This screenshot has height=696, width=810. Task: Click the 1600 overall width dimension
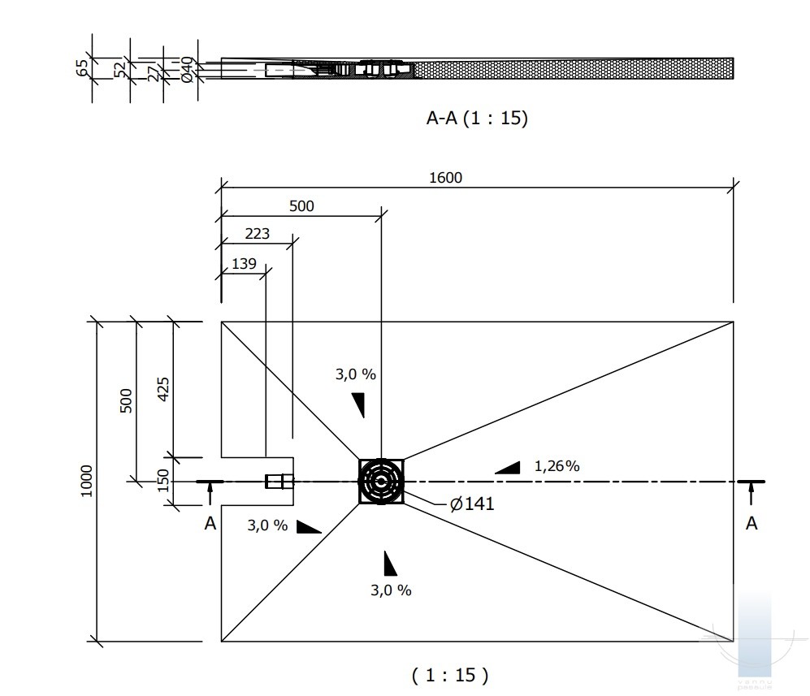point(445,178)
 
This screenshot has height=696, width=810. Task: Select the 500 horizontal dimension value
point(301,206)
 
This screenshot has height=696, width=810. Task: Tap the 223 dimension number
point(258,235)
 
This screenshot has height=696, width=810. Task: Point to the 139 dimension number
point(244,263)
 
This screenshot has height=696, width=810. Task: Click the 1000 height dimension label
point(87,481)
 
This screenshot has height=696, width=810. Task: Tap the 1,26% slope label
point(557,465)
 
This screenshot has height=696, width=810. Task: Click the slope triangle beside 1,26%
point(509,467)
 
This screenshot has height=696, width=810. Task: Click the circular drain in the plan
point(381,482)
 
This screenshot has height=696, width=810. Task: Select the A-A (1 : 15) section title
point(477,119)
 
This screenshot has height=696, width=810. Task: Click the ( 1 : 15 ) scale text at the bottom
point(449,674)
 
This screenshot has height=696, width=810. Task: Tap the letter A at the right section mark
point(752,524)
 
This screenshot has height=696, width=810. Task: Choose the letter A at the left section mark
point(210,524)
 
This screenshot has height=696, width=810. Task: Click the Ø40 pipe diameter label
point(187,69)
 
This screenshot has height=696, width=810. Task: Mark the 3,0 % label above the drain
point(355,374)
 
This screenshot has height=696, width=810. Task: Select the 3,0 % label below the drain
point(391,590)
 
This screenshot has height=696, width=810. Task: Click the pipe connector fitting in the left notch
point(279,482)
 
